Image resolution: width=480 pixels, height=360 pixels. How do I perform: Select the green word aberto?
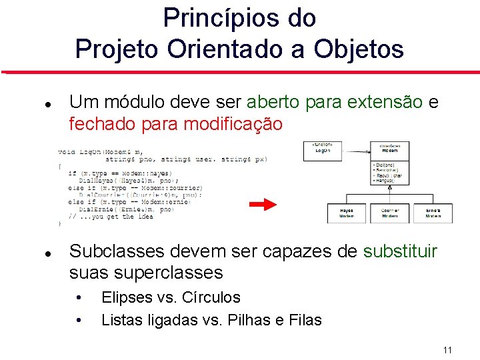pyautogui.click(x=273, y=102)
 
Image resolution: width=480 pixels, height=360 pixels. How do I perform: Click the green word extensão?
pyautogui.click(x=389, y=102)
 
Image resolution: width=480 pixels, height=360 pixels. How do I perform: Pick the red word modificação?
pyautogui.click(x=233, y=124)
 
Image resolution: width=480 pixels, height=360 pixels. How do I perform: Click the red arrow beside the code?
pyautogui.click(x=267, y=204)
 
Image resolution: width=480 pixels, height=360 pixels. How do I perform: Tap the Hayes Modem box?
pyautogui.click(x=347, y=213)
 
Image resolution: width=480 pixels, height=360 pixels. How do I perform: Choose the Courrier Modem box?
pyautogui.click(x=390, y=213)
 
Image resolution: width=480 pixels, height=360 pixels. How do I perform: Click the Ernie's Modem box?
pyautogui.click(x=433, y=213)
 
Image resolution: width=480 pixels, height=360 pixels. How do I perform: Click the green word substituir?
pyautogui.click(x=400, y=251)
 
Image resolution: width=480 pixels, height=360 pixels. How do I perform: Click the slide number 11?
pyautogui.click(x=447, y=350)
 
